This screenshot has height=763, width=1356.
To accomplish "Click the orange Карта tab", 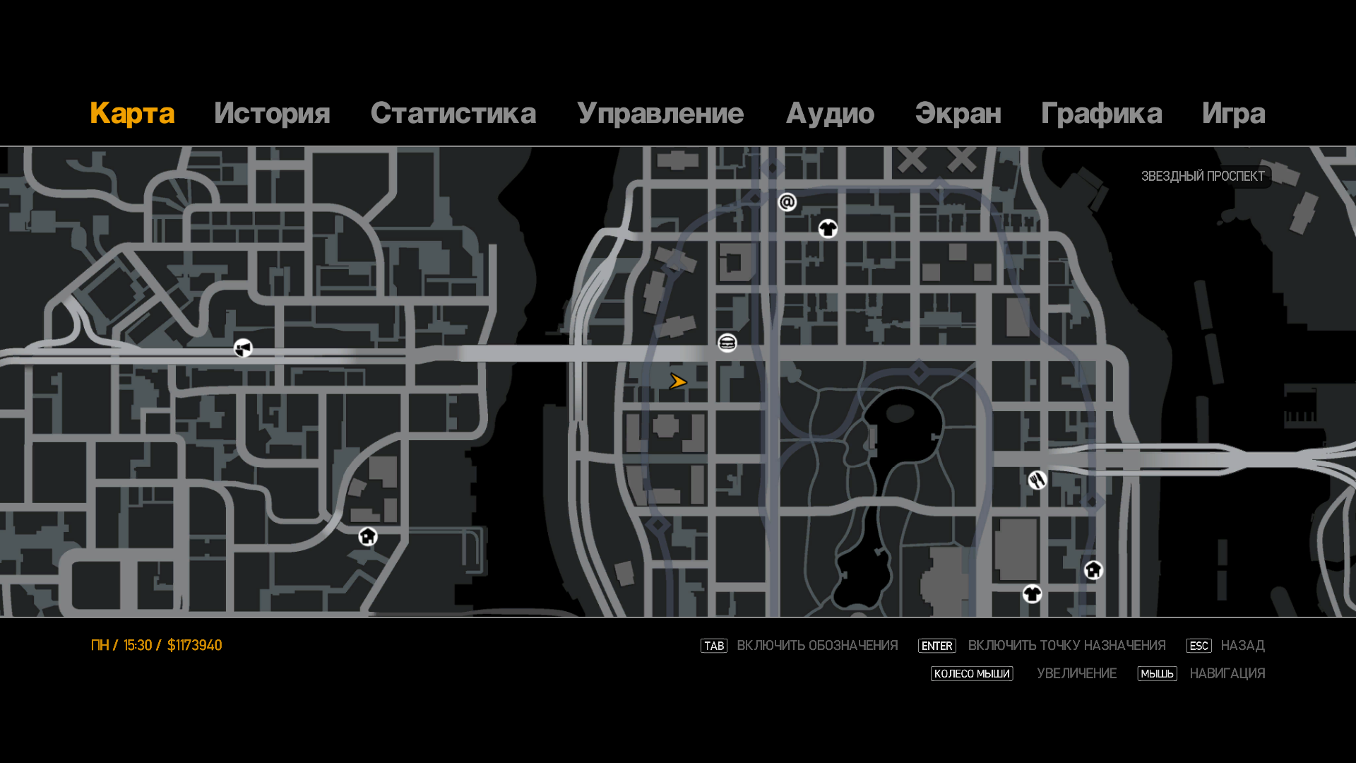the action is click(x=132, y=114).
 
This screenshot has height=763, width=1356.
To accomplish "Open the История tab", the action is click(x=272, y=114).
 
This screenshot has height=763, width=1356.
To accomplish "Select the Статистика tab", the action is click(x=453, y=114).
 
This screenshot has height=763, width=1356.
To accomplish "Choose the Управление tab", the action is click(x=660, y=114).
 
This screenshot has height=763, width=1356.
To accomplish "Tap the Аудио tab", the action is click(x=830, y=114).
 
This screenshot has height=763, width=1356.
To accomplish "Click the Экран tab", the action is click(x=958, y=114).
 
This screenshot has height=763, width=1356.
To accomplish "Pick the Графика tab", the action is click(x=1101, y=114).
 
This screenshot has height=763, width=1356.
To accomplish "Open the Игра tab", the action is click(x=1233, y=114).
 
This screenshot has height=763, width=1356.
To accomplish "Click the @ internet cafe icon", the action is click(x=787, y=203).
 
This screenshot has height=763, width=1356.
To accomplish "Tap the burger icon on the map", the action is click(x=727, y=343).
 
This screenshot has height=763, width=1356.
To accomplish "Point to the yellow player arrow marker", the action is click(x=678, y=382).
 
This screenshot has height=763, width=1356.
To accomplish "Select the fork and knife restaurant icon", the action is click(x=1037, y=480).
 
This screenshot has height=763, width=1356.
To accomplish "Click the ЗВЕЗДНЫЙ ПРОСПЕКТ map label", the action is click(x=1203, y=177).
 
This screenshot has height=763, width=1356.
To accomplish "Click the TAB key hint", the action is click(x=714, y=646).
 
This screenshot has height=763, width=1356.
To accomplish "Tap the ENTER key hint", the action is click(x=936, y=646).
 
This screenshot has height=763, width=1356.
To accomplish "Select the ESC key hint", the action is click(x=1199, y=646).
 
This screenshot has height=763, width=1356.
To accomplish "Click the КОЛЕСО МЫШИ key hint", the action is click(x=972, y=674).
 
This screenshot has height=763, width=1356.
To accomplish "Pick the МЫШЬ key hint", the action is click(x=1157, y=674).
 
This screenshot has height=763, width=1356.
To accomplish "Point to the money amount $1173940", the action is click(x=195, y=646).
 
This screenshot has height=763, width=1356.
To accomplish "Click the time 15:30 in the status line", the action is click(x=138, y=646).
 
